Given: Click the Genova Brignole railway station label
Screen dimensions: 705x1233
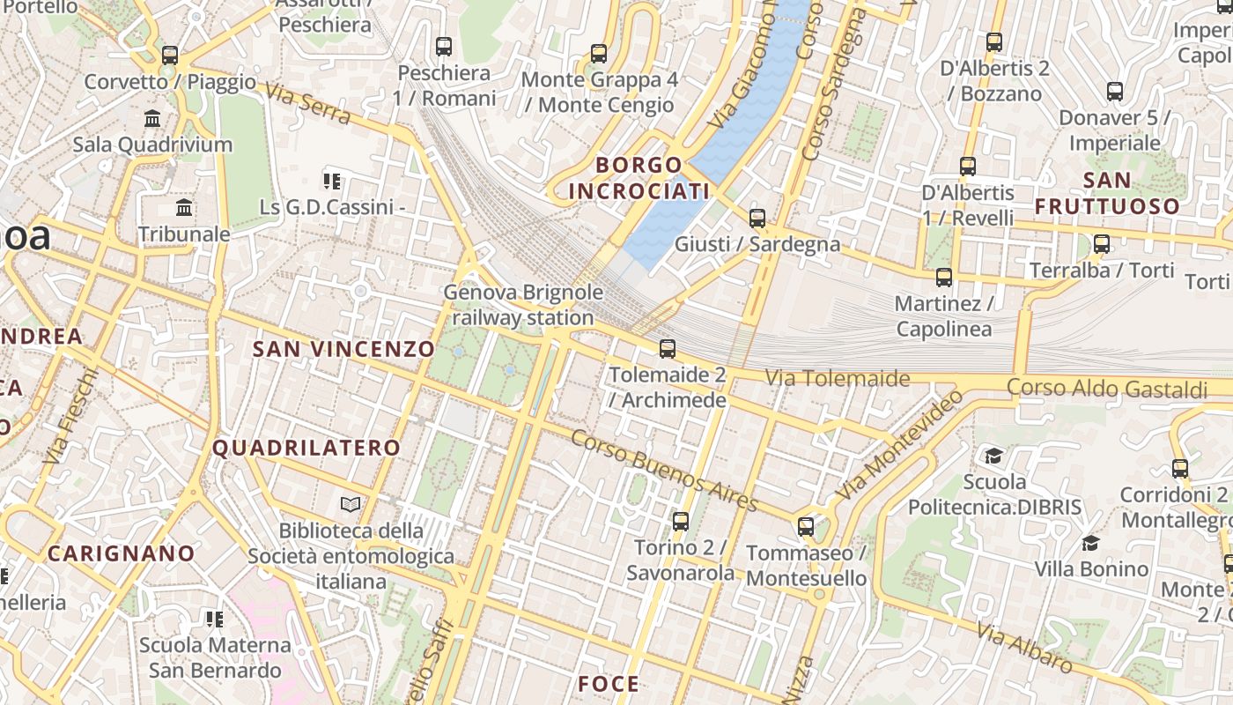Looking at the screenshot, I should tap(523, 305).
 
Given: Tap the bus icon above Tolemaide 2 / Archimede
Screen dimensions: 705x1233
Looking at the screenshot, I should tap(668, 349).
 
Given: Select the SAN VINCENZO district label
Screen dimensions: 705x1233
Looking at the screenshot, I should tap(344, 349).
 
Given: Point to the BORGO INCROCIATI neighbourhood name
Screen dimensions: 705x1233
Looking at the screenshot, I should tap(639, 178).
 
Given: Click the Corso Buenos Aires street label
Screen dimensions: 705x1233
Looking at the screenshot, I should tap(664, 471).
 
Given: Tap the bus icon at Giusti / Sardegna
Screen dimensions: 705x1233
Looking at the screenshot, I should tap(757, 219).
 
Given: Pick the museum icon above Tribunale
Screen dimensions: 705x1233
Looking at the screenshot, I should tap(184, 208).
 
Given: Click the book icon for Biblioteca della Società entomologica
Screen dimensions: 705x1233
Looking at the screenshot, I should tap(351, 505).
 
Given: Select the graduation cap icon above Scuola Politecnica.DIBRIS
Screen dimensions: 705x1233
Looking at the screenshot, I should tap(994, 456).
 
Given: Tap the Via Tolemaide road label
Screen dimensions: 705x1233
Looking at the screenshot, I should tap(837, 379).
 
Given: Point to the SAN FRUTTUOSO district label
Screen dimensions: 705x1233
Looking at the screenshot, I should tap(1107, 193).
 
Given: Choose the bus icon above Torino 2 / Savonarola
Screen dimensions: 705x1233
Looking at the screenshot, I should tap(680, 522).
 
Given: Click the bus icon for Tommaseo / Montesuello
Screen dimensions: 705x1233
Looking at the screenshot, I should tap(806, 527).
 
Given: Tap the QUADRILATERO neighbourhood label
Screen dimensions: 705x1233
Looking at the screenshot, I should tap(306, 448).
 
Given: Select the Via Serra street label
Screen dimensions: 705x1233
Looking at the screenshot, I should tap(307, 105).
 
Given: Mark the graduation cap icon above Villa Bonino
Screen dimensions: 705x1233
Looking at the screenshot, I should tap(1091, 543).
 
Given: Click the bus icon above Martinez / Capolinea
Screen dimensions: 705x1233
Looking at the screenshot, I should tap(944, 278).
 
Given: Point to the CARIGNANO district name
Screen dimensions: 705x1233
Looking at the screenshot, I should tap(121, 553).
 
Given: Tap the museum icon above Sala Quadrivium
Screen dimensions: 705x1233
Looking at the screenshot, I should tap(152, 118).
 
